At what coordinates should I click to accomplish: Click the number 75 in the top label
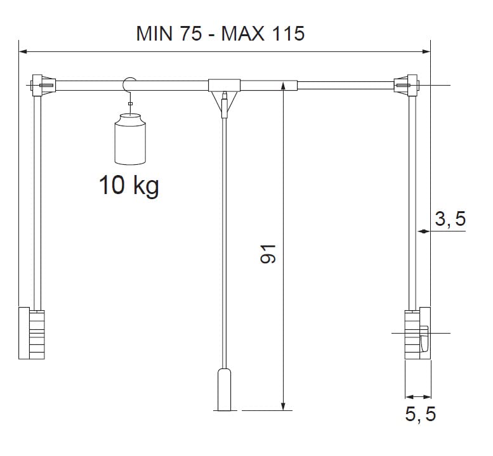tap(191, 33)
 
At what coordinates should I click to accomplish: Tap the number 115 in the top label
tap(288, 33)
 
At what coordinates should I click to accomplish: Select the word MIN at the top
tap(154, 33)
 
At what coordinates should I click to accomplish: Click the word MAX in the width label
tap(243, 33)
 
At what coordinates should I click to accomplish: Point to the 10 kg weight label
tap(129, 186)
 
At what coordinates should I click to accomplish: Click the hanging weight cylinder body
tap(130, 140)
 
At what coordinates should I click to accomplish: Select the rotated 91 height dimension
tap(268, 254)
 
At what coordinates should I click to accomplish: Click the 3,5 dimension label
tap(450, 219)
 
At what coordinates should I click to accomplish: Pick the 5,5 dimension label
tap(421, 414)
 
